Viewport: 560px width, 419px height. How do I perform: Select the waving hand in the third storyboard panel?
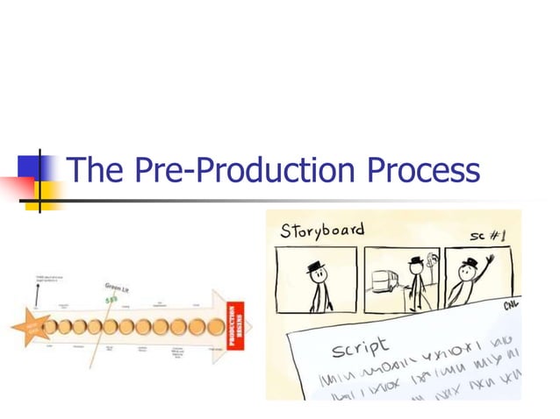point(488,261)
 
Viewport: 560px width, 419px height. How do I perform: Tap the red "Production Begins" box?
point(235,326)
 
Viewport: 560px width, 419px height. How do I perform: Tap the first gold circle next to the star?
point(52,327)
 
